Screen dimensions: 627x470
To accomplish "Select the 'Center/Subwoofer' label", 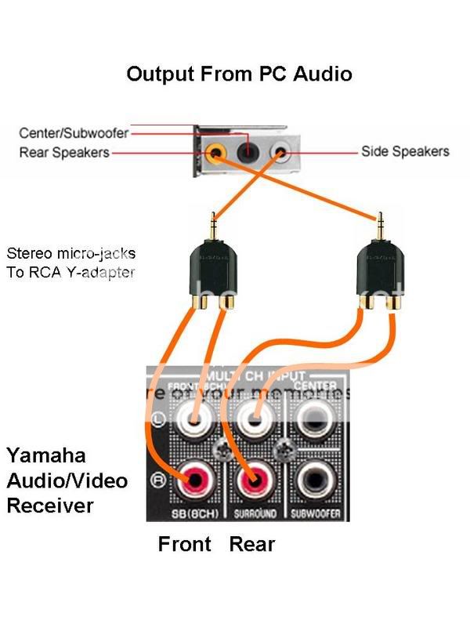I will click(x=74, y=133).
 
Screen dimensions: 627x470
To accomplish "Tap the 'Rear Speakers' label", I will click(x=64, y=152).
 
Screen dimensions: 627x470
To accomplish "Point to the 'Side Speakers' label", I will click(x=405, y=150).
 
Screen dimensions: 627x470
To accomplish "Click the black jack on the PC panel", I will click(x=248, y=148).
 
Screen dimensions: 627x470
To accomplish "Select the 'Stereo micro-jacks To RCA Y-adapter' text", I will click(x=70, y=263).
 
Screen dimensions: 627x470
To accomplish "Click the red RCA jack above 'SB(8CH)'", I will click(x=192, y=479).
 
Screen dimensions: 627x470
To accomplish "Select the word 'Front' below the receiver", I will click(x=185, y=543).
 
